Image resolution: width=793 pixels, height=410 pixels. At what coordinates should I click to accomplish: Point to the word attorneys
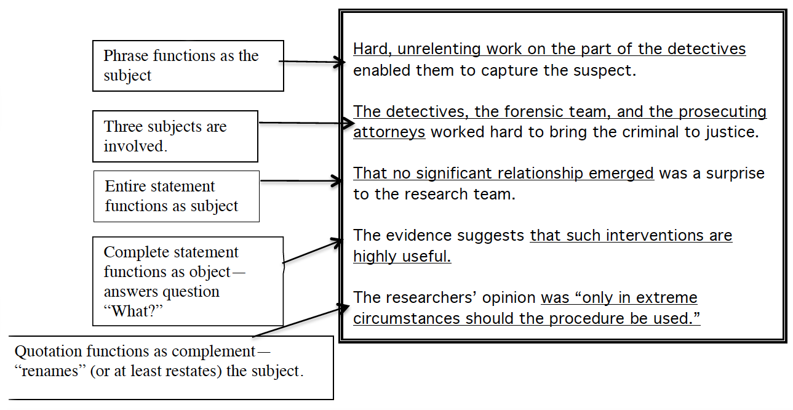tap(389, 133)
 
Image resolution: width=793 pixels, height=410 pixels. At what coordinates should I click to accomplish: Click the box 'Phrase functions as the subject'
tap(188, 66)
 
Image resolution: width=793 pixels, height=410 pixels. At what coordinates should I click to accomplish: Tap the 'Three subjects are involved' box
tap(175, 136)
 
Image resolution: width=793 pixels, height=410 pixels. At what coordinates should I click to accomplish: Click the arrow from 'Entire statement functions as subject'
tap(301, 182)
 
